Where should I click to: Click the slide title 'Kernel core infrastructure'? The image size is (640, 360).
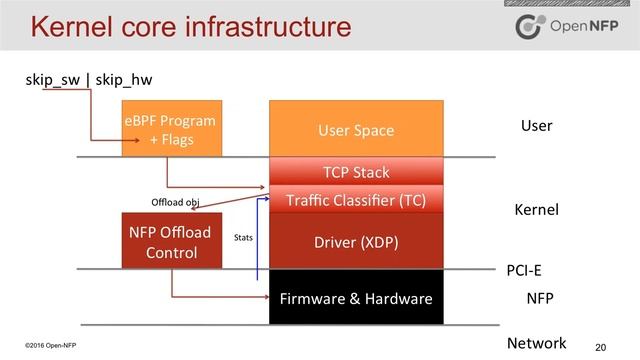[190, 27]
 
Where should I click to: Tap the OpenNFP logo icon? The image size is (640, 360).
[530, 27]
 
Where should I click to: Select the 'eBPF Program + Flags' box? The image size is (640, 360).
[171, 128]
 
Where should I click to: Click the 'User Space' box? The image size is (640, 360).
[356, 130]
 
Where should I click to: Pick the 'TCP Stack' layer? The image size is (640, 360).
[356, 172]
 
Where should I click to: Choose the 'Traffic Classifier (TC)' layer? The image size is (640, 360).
[356, 199]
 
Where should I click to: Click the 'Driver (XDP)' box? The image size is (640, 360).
[356, 240]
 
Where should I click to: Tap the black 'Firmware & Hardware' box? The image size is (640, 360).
[356, 298]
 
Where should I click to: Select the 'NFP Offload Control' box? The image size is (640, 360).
[171, 241]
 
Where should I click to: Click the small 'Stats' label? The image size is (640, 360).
[243, 239]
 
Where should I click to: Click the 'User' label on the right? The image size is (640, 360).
[536, 126]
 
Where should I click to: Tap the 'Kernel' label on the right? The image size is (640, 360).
[536, 210]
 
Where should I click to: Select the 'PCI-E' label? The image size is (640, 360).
[527, 271]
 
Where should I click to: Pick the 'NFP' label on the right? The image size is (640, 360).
[541, 298]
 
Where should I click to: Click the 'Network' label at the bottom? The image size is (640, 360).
[536, 343]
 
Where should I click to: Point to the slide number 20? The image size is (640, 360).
[600, 346]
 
